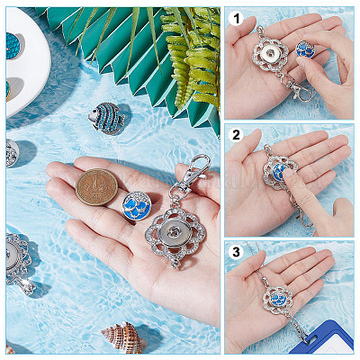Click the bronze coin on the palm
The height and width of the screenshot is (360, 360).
(96, 187)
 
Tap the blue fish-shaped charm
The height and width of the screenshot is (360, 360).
(106, 118)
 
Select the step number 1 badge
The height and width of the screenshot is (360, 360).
(236, 19)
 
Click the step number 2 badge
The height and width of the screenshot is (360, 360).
(236, 135)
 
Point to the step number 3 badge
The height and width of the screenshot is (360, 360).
(236, 252)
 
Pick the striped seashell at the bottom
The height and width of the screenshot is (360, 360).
(123, 336)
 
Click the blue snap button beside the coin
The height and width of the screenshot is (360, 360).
(138, 205)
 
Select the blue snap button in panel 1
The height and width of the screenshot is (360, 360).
(307, 49)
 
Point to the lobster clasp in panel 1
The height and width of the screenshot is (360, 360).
(301, 91)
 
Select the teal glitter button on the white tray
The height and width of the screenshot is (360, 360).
(13, 46)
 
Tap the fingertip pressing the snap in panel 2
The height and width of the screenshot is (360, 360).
(289, 174)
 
